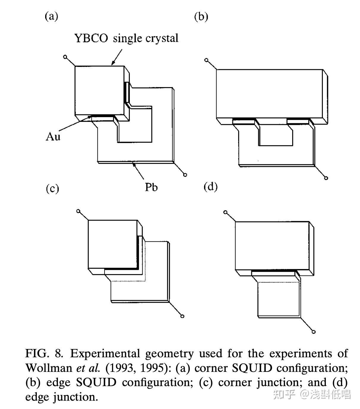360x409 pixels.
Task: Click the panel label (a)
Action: (51, 16)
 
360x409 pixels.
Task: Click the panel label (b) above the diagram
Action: (201, 17)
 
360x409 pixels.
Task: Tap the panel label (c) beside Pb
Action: (53, 189)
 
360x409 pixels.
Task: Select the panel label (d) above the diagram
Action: (211, 187)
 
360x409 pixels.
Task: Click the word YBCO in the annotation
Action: (91, 38)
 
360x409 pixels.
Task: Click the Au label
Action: (53, 136)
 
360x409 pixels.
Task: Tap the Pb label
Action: (151, 187)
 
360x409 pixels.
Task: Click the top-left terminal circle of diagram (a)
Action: (65, 57)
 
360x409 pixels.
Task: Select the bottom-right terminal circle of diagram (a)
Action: (185, 175)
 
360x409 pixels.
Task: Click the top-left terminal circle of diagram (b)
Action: (206, 60)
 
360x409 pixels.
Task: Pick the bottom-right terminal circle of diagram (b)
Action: (326, 178)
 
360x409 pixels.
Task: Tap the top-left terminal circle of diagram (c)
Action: (78, 211)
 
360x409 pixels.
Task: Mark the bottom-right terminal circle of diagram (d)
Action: (313, 332)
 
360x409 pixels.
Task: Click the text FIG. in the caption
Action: (37, 353)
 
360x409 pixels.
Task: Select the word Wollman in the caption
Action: (49, 368)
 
